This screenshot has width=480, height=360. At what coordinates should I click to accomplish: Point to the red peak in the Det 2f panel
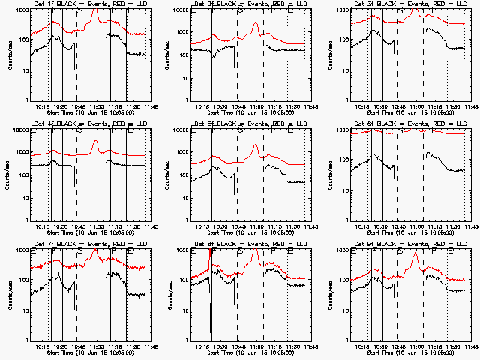point(256,24)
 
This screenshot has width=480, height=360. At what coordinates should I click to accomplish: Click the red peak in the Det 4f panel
point(95,142)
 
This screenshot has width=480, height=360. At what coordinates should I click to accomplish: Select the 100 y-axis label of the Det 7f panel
point(20,280)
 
